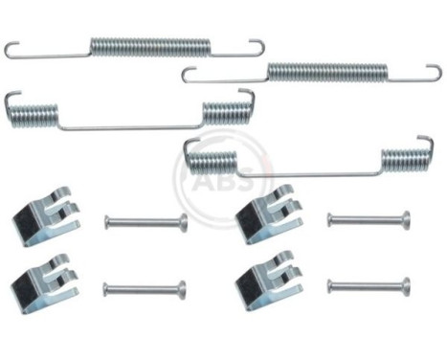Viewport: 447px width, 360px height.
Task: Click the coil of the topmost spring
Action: click(149, 46)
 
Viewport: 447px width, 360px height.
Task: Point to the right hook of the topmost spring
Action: click(257, 47)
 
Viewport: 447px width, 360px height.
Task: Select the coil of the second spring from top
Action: click(327, 71)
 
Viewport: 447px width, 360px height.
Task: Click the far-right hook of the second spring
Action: click(435, 73)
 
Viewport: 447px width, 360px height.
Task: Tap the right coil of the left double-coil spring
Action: click(226, 111)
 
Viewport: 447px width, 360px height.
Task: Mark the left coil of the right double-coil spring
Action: click(210, 160)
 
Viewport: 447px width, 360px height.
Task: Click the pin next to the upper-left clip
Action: click(145, 222)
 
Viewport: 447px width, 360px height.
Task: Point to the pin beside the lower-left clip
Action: click(144, 287)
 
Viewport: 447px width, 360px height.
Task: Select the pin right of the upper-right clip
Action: click(369, 219)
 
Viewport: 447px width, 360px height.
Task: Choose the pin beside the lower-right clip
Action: click(369, 284)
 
